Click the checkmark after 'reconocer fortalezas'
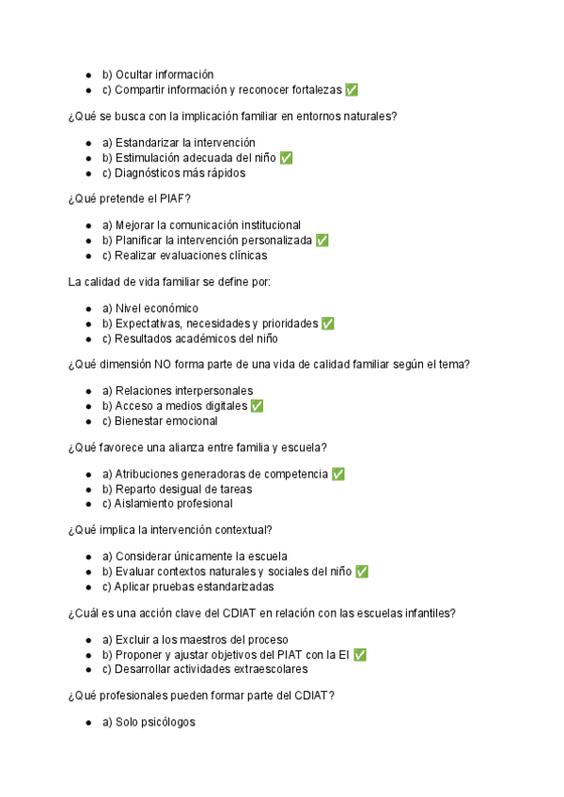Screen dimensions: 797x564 352,90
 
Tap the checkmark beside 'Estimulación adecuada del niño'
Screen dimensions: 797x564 286,158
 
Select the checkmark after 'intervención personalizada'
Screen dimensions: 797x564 322,241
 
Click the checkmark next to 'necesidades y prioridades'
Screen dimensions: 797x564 327,323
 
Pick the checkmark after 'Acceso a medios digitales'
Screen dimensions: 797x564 257,406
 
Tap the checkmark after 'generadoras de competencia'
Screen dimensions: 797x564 338,474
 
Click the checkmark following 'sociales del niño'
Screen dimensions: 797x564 361,571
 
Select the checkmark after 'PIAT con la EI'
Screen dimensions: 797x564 359,654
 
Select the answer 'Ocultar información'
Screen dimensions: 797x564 158,75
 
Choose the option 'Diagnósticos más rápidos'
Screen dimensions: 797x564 174,173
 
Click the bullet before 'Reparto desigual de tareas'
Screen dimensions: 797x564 88,490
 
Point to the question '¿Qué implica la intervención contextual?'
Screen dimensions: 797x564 170,530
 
